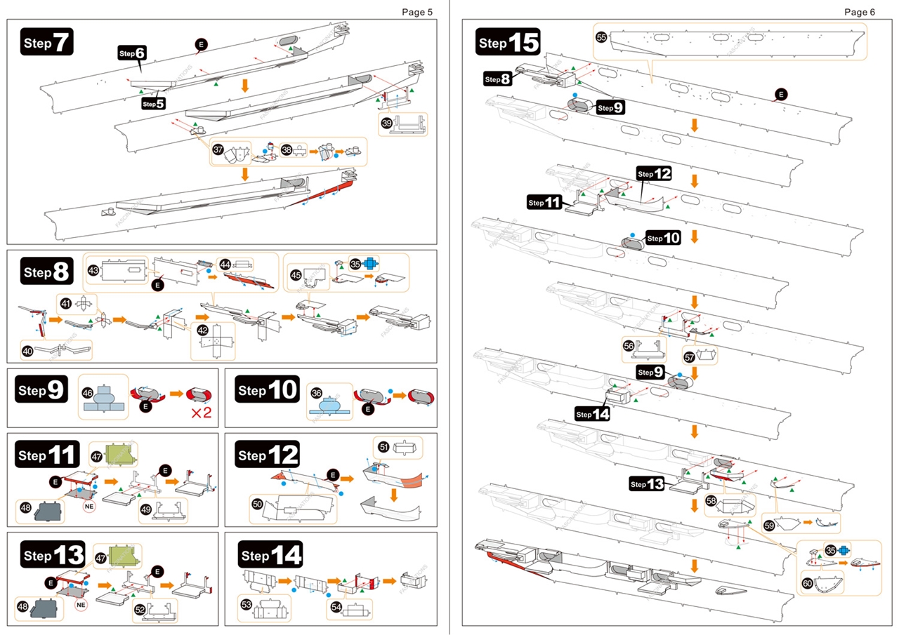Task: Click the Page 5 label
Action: tap(417, 12)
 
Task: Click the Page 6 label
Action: tap(860, 12)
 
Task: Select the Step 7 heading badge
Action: tap(47, 43)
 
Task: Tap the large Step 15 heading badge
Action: tap(508, 43)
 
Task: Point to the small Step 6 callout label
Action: tap(132, 53)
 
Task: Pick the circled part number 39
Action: tap(386, 122)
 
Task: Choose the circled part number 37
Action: tap(218, 149)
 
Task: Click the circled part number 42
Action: tap(202, 330)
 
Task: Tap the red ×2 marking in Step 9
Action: tap(202, 413)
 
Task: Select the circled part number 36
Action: tap(316, 393)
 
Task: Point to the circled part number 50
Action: tap(258, 504)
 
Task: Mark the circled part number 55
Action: tap(601, 36)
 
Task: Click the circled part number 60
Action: tap(807, 583)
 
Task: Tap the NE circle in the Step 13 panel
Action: tap(80, 603)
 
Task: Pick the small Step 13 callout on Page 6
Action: tap(647, 484)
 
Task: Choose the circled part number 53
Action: tap(246, 603)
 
